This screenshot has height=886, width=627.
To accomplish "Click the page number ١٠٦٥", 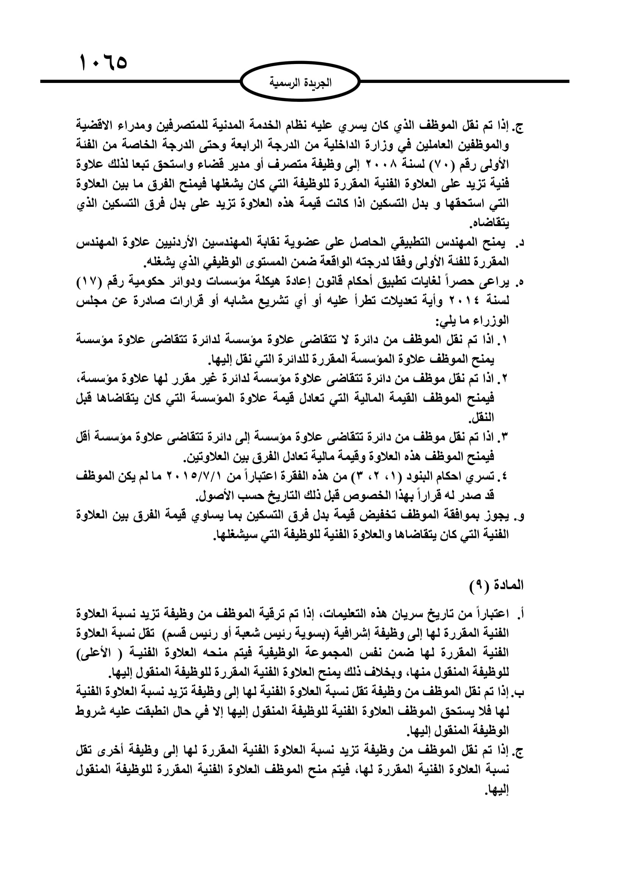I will pos(103,63).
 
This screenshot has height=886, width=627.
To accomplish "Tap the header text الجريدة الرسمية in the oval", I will pos(300,83).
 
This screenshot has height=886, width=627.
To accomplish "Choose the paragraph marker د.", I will pos(520,243).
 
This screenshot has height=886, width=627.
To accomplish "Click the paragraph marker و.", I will pos(520,516).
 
